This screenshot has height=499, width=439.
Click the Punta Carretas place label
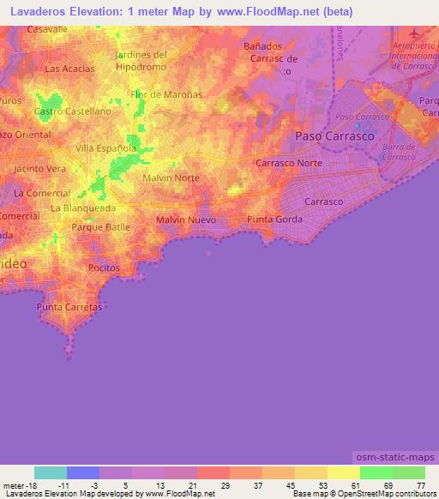point(69,307)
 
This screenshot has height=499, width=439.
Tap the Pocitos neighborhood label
point(105,268)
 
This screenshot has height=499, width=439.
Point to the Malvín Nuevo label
point(186,220)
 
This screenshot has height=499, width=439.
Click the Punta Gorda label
point(273,219)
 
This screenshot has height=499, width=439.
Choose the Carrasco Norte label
point(292,162)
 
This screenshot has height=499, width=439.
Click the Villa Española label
point(106,147)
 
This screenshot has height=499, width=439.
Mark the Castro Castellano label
point(73,111)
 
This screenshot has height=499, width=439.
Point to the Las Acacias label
point(70,69)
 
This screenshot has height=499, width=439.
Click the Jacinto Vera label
point(40,169)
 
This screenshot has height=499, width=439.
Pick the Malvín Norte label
point(171,177)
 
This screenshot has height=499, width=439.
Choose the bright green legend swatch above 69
point(376,472)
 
